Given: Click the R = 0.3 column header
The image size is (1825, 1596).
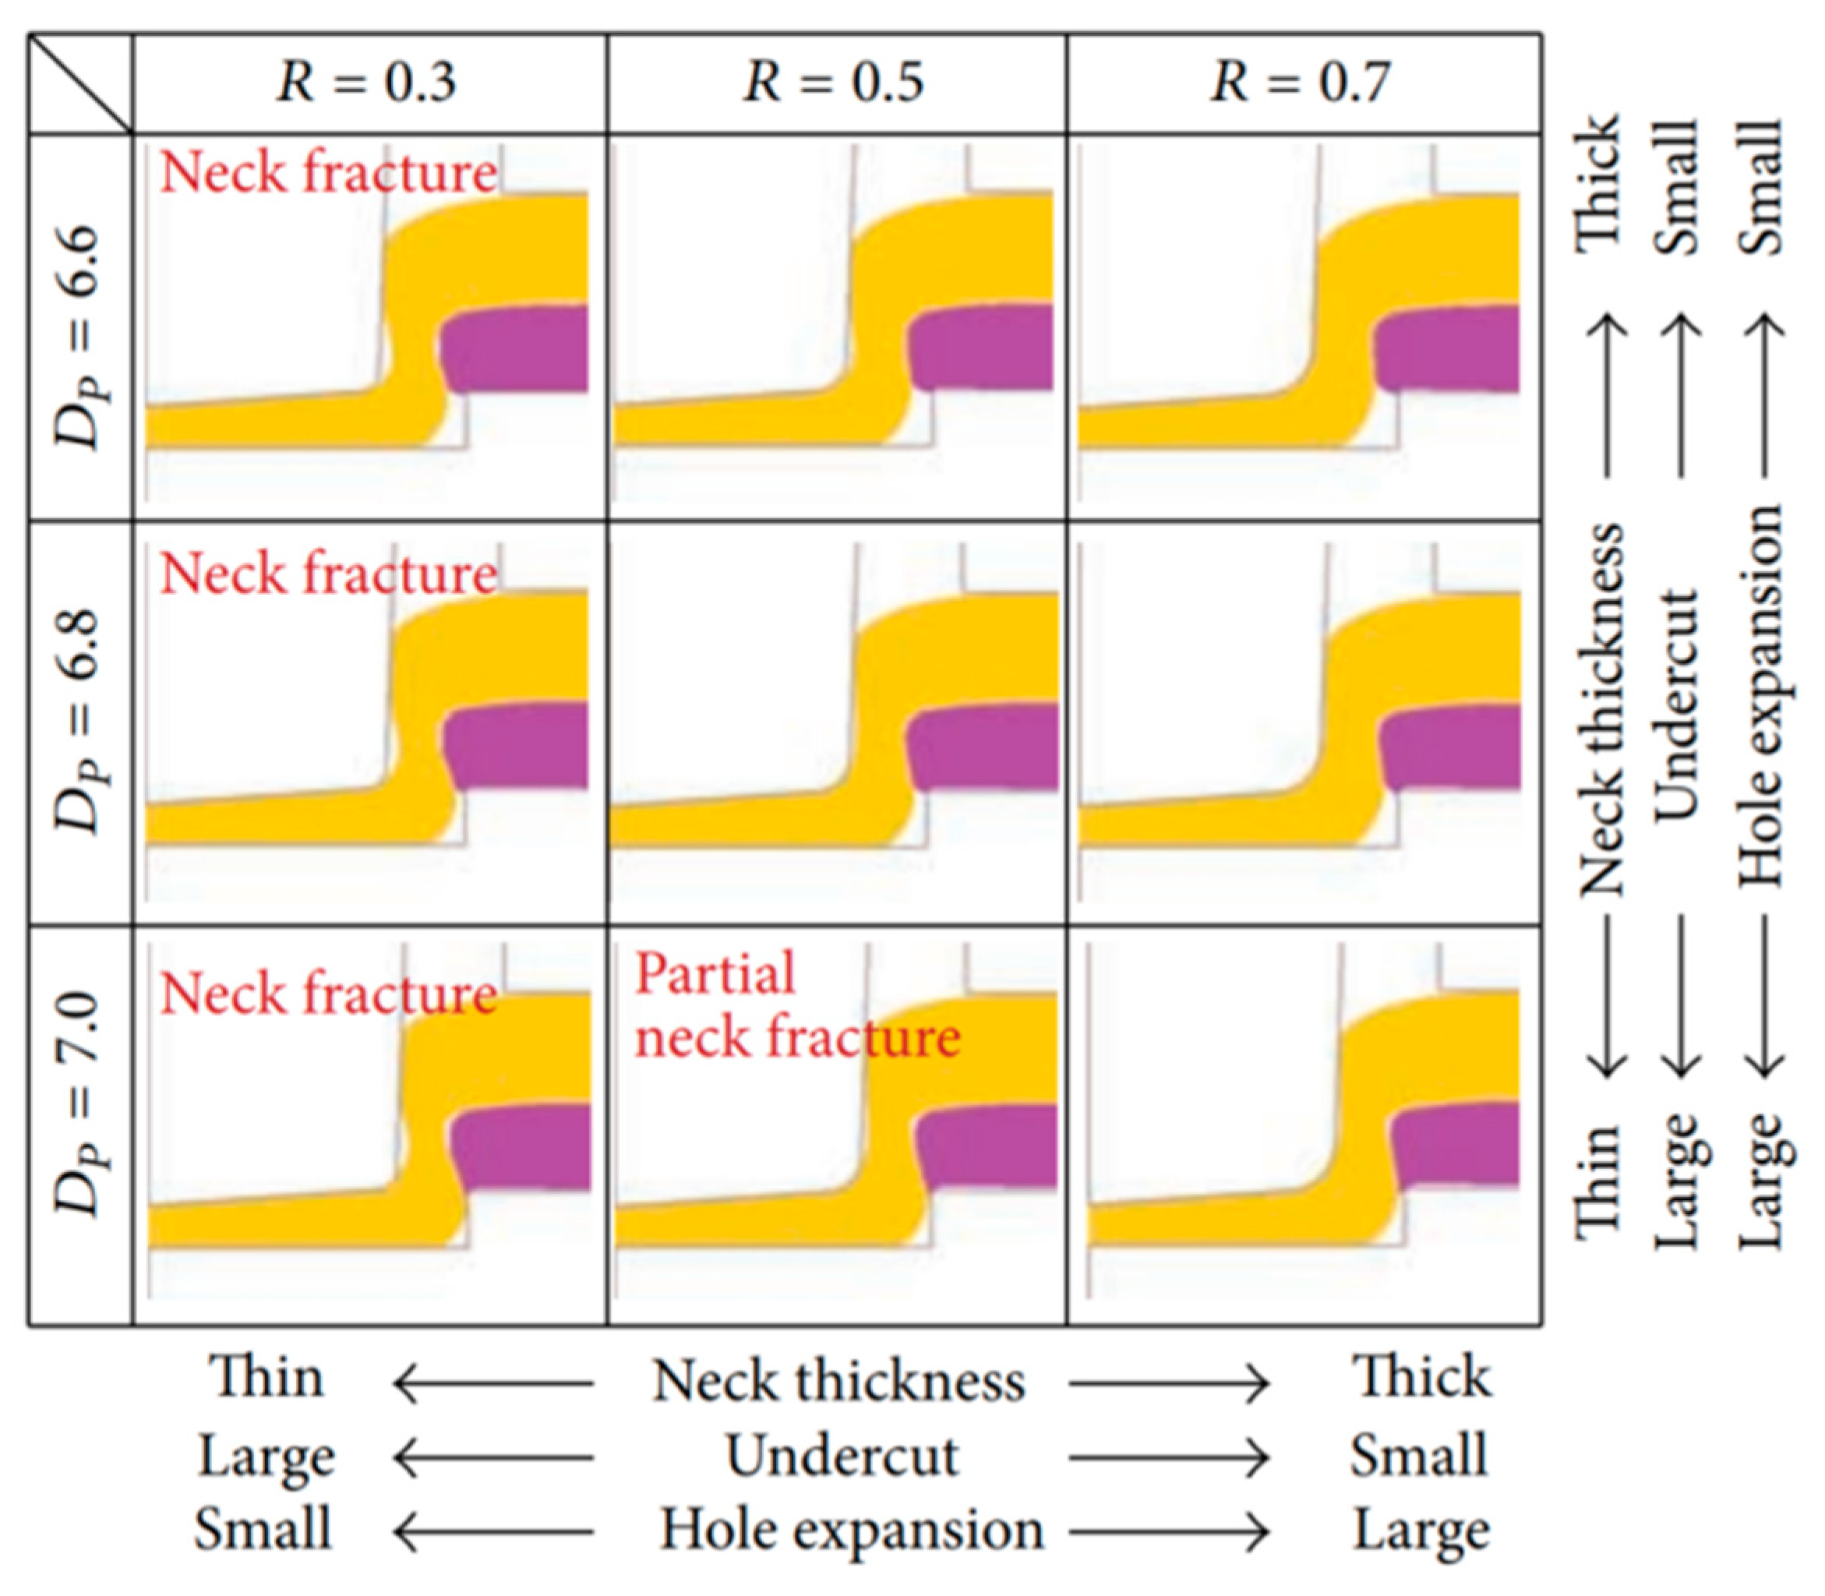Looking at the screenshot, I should point(367,83).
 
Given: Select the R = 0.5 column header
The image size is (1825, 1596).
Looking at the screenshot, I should point(834,83).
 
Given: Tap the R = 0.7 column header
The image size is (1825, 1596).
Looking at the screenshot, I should point(1301,83).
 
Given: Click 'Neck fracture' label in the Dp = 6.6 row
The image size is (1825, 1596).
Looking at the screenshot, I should point(328,172).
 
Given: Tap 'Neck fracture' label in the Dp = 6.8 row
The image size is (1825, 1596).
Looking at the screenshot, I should point(328,573).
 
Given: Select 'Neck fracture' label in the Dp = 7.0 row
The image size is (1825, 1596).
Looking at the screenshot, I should point(328,992).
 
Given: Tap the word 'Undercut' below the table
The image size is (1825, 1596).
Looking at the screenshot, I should point(842,1457).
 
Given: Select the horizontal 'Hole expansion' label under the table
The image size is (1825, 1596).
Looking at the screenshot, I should point(851,1529).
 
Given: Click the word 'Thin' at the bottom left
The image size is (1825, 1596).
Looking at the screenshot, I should point(267,1378).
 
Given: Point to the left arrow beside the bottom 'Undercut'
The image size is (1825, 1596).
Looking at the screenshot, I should point(493,1458).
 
